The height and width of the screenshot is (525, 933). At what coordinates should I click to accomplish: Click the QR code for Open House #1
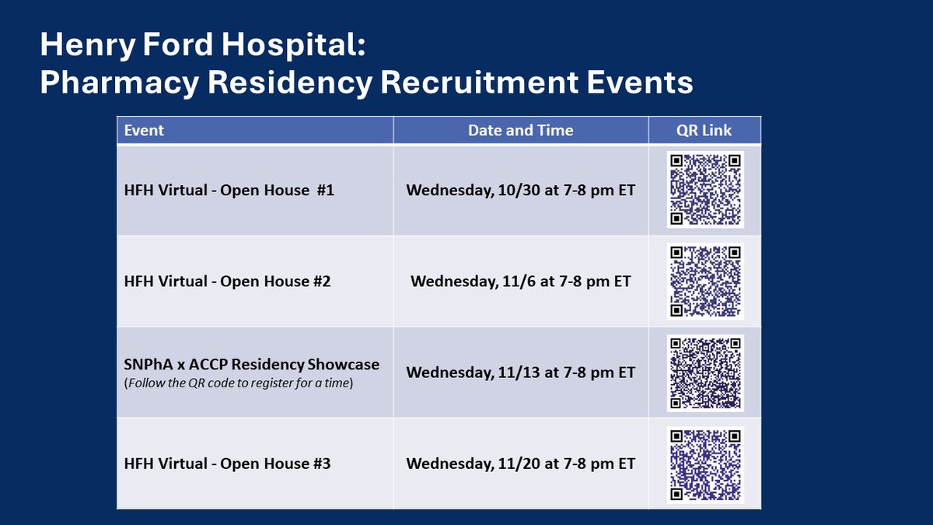pos(705,190)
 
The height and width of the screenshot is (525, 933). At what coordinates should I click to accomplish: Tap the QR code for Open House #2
pos(705,281)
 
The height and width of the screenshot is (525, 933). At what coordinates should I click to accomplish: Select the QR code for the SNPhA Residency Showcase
pos(705,373)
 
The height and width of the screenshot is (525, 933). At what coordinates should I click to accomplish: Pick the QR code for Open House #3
pos(705,464)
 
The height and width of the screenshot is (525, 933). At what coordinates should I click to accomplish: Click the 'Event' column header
pos(144,131)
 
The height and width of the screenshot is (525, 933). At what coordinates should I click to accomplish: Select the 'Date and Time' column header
pos(520,131)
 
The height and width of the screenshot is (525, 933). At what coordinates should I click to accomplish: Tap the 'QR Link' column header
pos(705,131)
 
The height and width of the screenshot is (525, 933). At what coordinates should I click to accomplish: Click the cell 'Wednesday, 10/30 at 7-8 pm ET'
pos(520,190)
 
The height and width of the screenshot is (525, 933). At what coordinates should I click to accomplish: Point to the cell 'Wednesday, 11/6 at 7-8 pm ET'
pos(520,281)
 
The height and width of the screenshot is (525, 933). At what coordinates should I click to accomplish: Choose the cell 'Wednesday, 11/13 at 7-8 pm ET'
pos(520,373)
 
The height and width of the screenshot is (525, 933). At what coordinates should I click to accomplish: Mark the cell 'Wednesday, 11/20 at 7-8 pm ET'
pos(520,464)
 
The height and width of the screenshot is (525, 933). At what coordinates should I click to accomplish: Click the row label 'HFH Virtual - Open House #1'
pos(229,190)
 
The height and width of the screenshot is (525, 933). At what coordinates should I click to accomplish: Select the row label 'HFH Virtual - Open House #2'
pos(227,281)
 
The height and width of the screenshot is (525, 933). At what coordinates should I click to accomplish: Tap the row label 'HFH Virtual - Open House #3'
pos(227,464)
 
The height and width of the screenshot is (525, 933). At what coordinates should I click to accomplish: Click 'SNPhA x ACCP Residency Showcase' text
pos(251,364)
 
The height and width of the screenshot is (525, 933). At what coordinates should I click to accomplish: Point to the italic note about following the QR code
pos(239,383)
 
